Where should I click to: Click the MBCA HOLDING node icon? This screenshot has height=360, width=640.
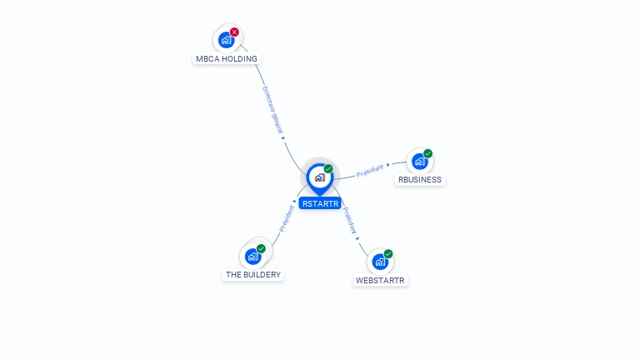tap(225, 39)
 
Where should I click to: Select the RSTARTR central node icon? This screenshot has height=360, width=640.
tap(319, 177)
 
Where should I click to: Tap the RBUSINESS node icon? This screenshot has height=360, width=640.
tap(419, 161)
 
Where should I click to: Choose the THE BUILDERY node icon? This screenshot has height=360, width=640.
tap(252, 256)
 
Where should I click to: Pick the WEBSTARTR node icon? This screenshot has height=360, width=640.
tap(380, 262)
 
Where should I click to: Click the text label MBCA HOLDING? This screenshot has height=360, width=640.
tap(227, 59)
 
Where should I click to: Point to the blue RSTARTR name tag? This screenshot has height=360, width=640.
tap(320, 203)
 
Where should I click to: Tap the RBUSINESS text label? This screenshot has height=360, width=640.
tap(420, 180)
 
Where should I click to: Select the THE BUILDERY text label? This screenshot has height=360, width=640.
tap(253, 275)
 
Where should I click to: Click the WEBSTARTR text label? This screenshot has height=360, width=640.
tap(380, 281)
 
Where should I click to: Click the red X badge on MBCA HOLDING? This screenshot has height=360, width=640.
tap(234, 32)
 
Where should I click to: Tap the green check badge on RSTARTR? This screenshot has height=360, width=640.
tap(328, 168)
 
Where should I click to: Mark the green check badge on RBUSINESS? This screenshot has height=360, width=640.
tap(427, 153)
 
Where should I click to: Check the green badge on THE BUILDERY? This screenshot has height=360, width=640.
tap(261, 248)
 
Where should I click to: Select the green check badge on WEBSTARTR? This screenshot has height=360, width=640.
tap(388, 254)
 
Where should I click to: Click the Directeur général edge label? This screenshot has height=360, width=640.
tap(273, 107)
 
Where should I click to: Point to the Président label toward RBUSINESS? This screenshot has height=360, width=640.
tap(369, 171)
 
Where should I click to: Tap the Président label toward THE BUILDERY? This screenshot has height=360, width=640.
tap(286, 218)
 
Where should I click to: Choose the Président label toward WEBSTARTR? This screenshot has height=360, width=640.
tap(351, 220)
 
